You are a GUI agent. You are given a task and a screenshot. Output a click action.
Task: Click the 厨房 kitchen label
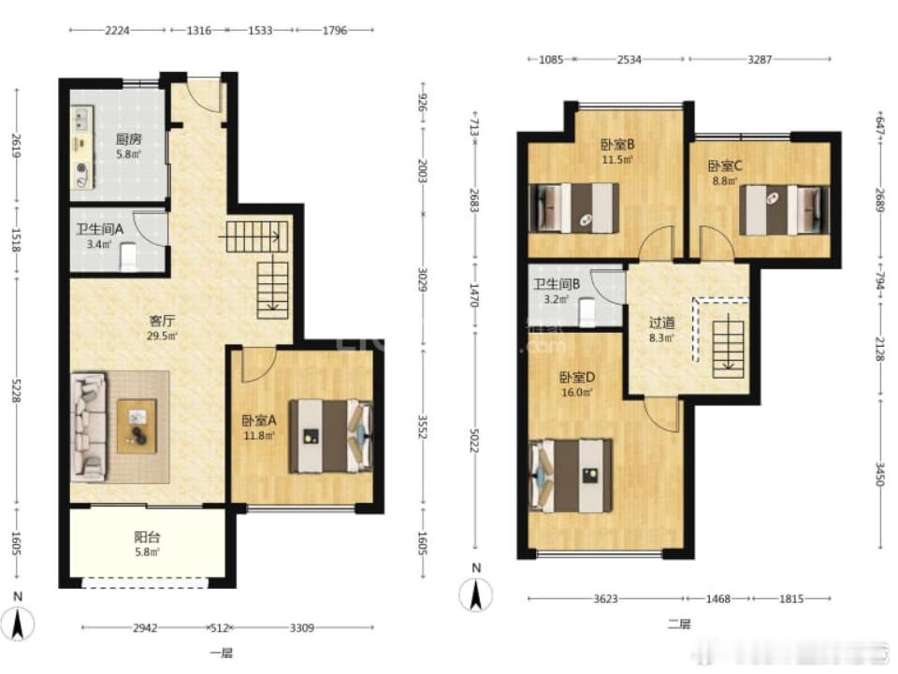point(128,139)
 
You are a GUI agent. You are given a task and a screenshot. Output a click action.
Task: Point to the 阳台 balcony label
point(147,538)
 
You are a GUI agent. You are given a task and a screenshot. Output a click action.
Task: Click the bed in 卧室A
point(329,436)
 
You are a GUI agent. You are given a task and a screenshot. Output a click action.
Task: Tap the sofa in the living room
point(89,426)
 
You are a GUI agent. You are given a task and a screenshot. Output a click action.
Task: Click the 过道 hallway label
point(662,323)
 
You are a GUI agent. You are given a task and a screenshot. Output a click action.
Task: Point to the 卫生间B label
point(558,285)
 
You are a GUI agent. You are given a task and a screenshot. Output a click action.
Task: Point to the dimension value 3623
point(605,598)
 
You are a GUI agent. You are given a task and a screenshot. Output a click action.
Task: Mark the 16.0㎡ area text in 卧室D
point(577,393)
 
